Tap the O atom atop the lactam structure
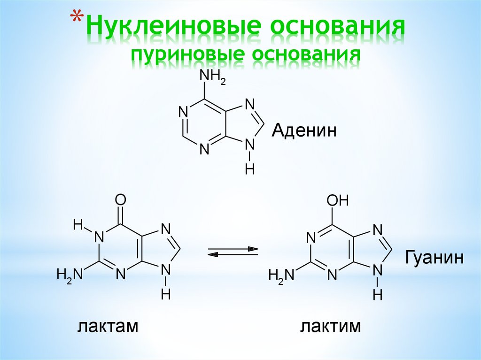(120, 201)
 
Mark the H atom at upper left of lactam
(78, 225)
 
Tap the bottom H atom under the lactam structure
(165, 295)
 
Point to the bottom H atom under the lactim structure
(378, 295)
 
